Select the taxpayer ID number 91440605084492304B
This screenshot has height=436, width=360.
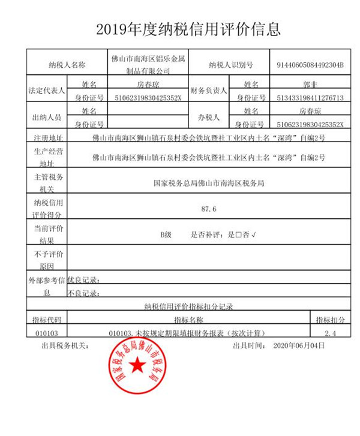coord(310,64)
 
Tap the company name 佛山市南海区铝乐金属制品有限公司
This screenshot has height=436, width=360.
coord(149,64)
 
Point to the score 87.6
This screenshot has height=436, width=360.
coord(209,209)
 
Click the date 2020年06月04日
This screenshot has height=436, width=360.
coord(299,345)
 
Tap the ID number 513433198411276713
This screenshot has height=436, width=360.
coord(310,97)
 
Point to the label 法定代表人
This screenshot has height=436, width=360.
coord(47,91)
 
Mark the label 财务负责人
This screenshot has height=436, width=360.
coord(208,91)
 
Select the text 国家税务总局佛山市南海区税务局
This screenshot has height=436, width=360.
coord(209,183)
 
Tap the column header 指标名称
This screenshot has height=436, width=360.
coord(188,320)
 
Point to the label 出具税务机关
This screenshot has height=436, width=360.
coord(65,345)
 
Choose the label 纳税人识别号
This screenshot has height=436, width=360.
coord(231,64)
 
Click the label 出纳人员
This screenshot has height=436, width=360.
coord(47,118)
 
